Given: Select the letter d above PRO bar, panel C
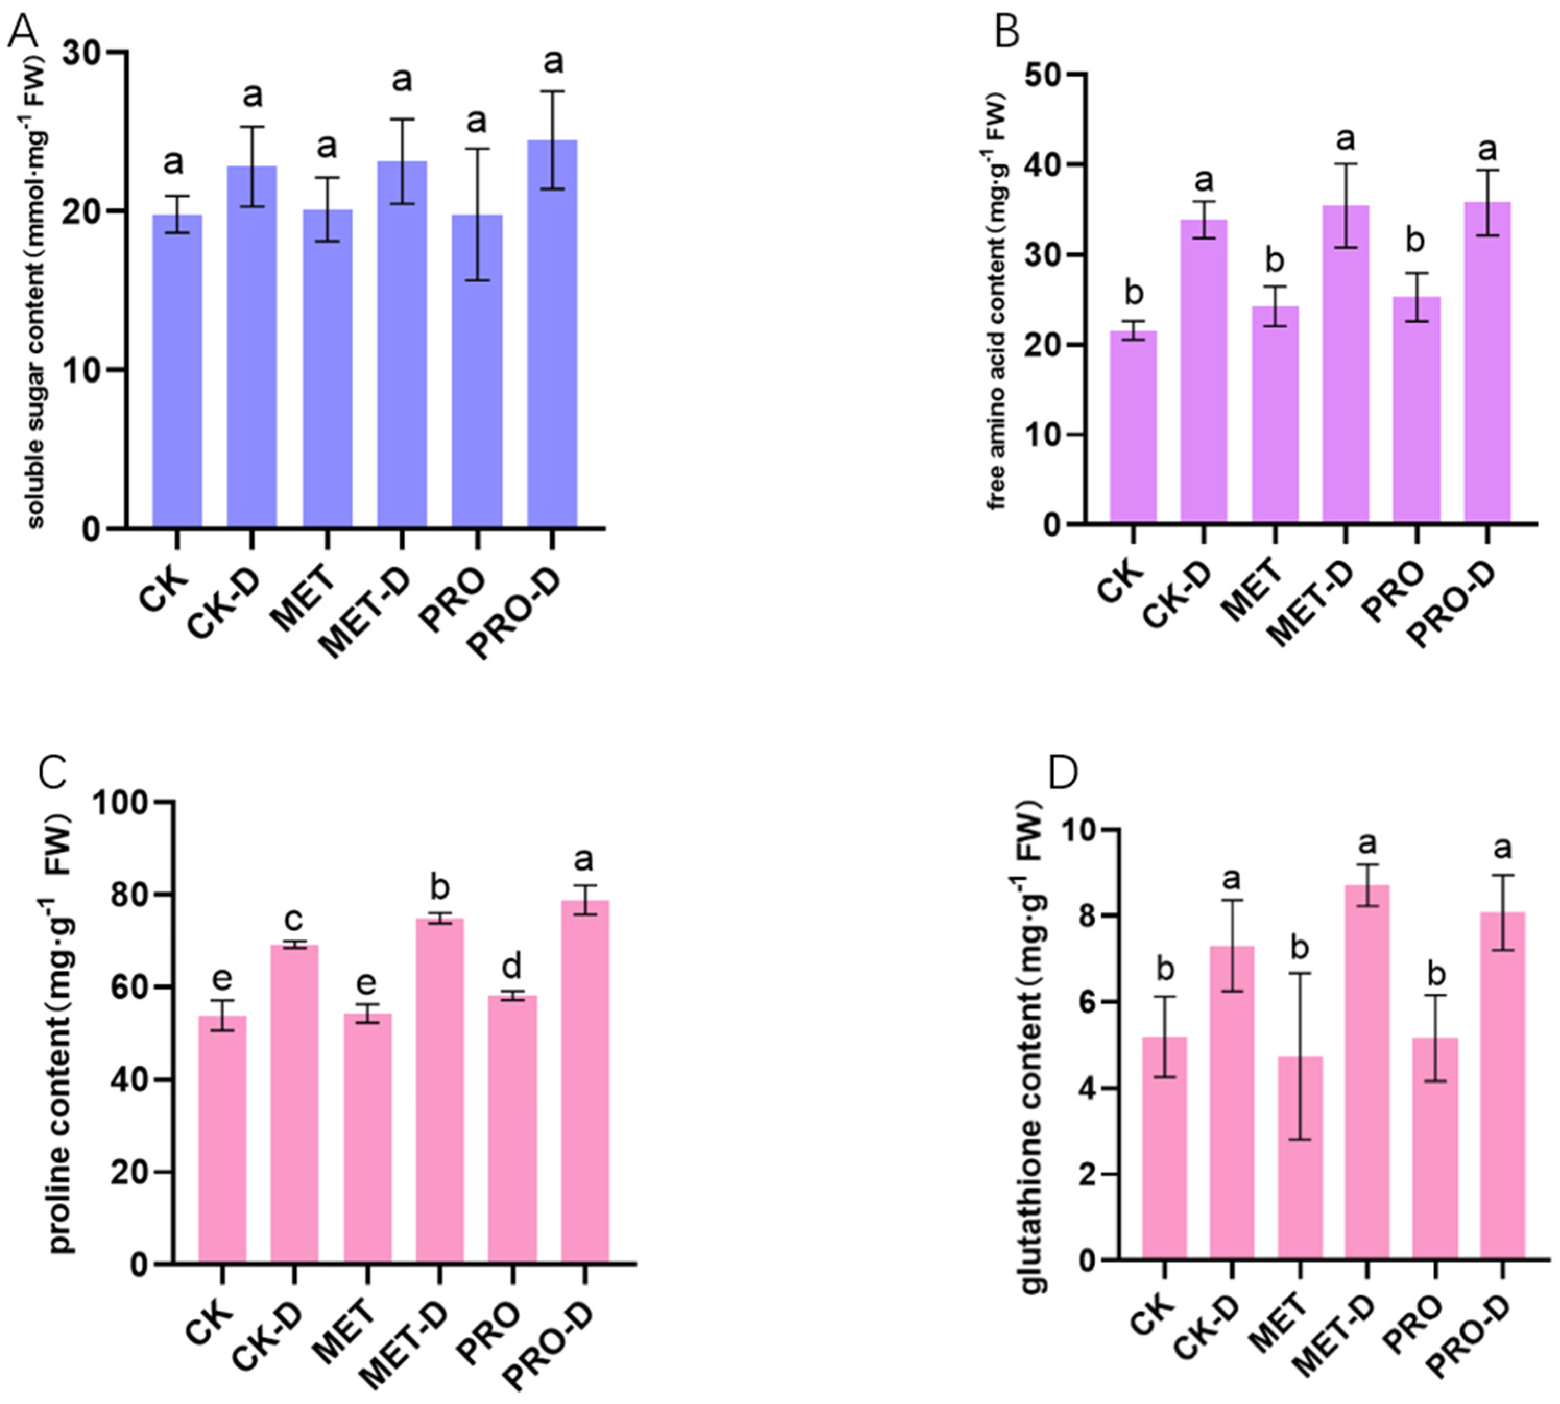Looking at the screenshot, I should [512, 965].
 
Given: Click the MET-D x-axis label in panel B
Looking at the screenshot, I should [1312, 602].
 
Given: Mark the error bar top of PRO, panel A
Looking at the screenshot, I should [477, 149].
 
